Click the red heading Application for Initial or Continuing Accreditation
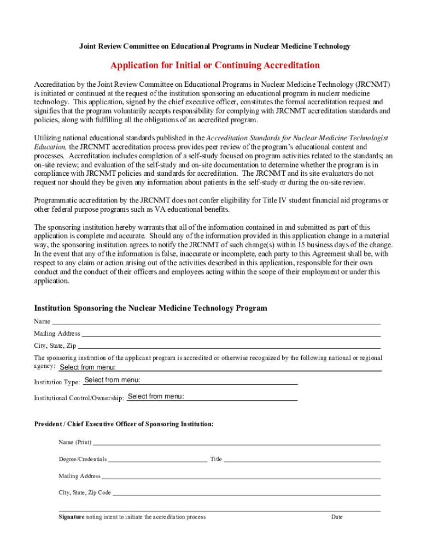pyautogui.click(x=215, y=66)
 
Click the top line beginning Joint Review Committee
pyautogui.click(x=215, y=46)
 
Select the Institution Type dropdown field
pyautogui.click(x=190, y=380)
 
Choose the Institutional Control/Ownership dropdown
pyautogui.click(x=212, y=397)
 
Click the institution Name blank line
pyautogui.click(x=216, y=321)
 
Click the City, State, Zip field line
pyautogui.click(x=229, y=346)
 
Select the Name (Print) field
pyautogui.click(x=236, y=442)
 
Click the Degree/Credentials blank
pyautogui.click(x=157, y=459)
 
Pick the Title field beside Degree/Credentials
pyautogui.click(x=302, y=459)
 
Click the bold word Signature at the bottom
pyautogui.click(x=72, y=517)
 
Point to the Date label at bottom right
pyautogui.click(x=337, y=517)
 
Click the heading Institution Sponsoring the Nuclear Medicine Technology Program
pyautogui.click(x=151, y=308)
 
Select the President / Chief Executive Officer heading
pyautogui.click(x=124, y=424)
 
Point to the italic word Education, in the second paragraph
pyautogui.click(x=50, y=147)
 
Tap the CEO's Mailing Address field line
pyautogui.click(x=241, y=476)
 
